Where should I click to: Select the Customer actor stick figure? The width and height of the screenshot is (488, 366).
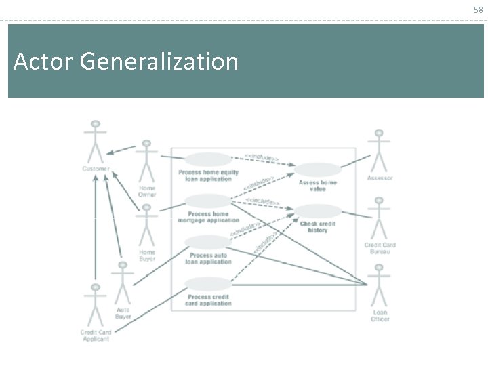[x=96, y=142]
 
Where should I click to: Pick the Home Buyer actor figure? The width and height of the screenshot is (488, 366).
[x=146, y=225]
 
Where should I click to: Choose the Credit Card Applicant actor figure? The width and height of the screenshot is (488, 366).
[x=96, y=305]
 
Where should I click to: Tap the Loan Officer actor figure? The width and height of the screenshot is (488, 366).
[x=379, y=287]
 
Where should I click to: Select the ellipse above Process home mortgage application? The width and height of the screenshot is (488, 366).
[x=208, y=201]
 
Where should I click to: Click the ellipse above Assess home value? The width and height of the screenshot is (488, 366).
[x=317, y=169]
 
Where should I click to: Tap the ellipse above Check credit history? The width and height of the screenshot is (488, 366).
[x=317, y=211]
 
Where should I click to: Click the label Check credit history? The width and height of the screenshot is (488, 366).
[x=317, y=227]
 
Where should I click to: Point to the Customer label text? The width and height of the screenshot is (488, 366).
[x=96, y=169]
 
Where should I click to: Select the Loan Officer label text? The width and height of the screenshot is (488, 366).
[x=380, y=315]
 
